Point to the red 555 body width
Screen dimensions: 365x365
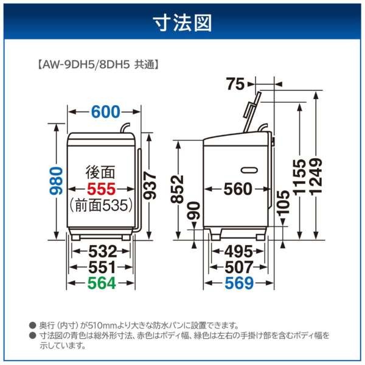[100, 189]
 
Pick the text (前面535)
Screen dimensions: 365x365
[100, 206]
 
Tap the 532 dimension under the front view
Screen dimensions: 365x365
[101, 251]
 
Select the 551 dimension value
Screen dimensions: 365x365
[101, 266]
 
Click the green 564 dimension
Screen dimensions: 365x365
[101, 282]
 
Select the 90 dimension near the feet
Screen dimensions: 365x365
[194, 214]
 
